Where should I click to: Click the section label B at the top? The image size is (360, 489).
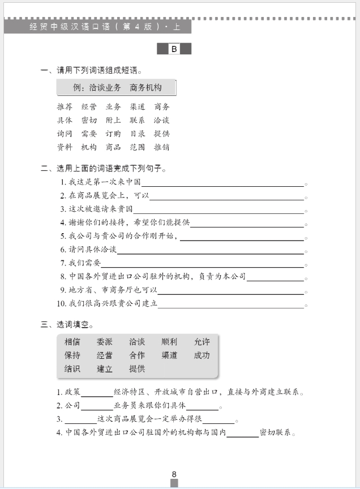174,49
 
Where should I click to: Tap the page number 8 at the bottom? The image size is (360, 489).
174,474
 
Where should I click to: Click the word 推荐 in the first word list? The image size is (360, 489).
65,106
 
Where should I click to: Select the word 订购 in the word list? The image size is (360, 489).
113,134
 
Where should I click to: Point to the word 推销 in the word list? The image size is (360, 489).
162,147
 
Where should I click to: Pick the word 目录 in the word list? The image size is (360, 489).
138,134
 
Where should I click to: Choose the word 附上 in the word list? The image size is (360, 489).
113,120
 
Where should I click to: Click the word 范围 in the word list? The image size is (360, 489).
138,147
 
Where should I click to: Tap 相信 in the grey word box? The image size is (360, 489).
72,342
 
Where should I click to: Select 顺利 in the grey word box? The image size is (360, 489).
169,342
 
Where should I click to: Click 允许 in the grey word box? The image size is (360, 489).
202,342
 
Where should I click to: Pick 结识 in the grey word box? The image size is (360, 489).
72,369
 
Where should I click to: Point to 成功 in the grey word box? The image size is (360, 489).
202,355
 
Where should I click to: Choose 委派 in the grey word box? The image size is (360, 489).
105,342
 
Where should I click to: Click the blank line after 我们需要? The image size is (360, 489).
202,264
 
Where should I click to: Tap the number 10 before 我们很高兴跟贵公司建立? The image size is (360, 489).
62,304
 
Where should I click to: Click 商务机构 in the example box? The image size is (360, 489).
145,88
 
